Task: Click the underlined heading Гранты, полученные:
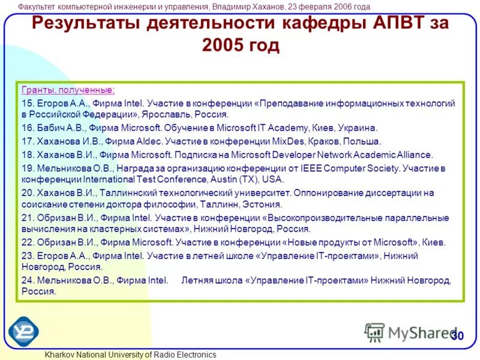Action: coord(68,90)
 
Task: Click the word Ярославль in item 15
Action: coord(168,114)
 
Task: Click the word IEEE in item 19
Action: coord(309,169)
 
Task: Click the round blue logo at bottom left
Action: coord(23,331)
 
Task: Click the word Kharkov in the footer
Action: coord(61,355)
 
